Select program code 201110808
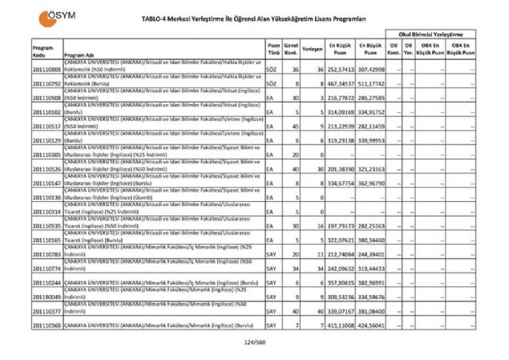[47, 71]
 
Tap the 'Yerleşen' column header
[313, 50]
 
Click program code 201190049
[47, 297]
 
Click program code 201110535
[47, 227]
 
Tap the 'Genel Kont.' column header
[291, 50]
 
